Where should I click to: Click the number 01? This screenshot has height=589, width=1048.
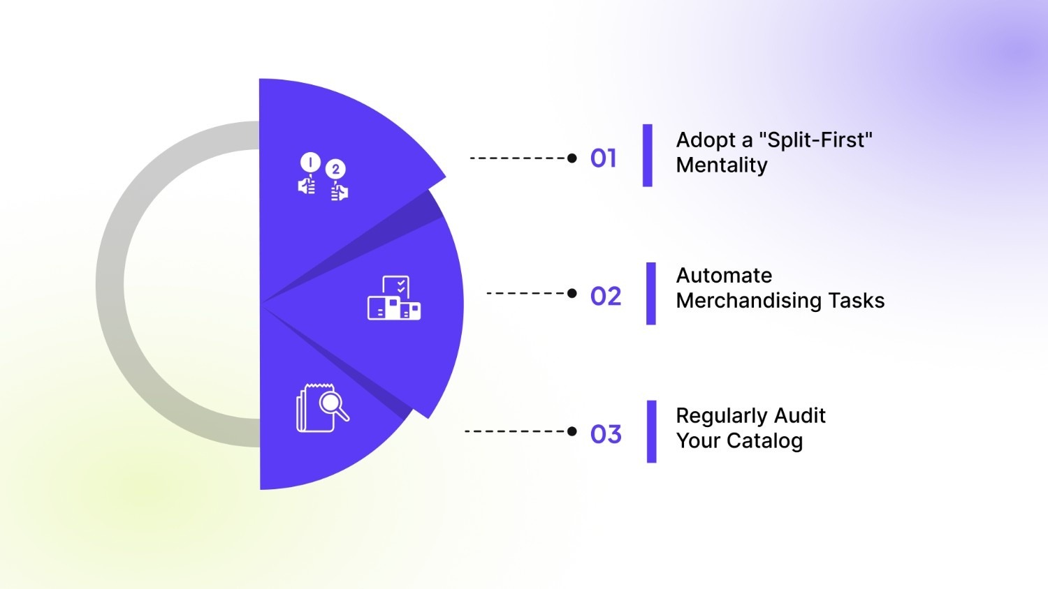coord(603,158)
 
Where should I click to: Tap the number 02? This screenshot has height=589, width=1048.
coord(605,296)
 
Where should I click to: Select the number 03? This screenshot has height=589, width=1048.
coord(605,434)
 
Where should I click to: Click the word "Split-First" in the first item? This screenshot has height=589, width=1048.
coord(815,140)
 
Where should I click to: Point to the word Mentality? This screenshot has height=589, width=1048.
coord(722,165)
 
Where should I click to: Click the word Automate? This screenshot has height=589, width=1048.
coord(724,276)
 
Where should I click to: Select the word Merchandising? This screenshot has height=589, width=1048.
coord(749,301)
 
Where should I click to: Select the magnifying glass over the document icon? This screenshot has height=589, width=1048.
coord(322,408)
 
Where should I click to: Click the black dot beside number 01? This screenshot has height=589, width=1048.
coord(572,158)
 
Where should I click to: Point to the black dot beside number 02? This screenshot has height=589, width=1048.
coord(572,293)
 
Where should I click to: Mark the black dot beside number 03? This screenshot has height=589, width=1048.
coord(572,431)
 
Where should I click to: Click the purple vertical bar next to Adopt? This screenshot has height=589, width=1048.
coord(648,156)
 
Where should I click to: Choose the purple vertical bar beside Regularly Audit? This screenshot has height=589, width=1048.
coord(651,431)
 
